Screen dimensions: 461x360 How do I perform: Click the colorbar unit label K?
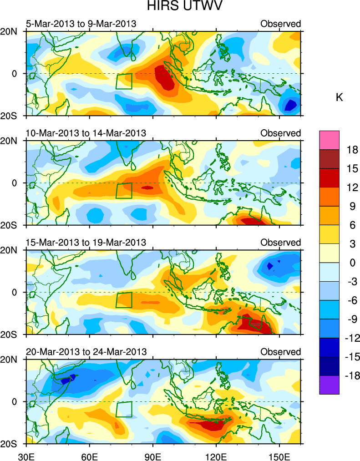339,97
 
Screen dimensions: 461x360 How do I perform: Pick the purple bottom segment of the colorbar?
330,385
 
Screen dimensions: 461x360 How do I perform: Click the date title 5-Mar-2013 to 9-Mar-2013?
81,24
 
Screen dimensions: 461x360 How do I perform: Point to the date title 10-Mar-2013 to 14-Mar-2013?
86,133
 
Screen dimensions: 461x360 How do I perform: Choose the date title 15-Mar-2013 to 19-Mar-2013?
86,242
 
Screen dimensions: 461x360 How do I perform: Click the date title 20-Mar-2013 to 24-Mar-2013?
86,351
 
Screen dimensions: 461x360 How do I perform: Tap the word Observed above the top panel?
281,24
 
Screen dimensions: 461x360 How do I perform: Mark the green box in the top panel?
124,81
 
